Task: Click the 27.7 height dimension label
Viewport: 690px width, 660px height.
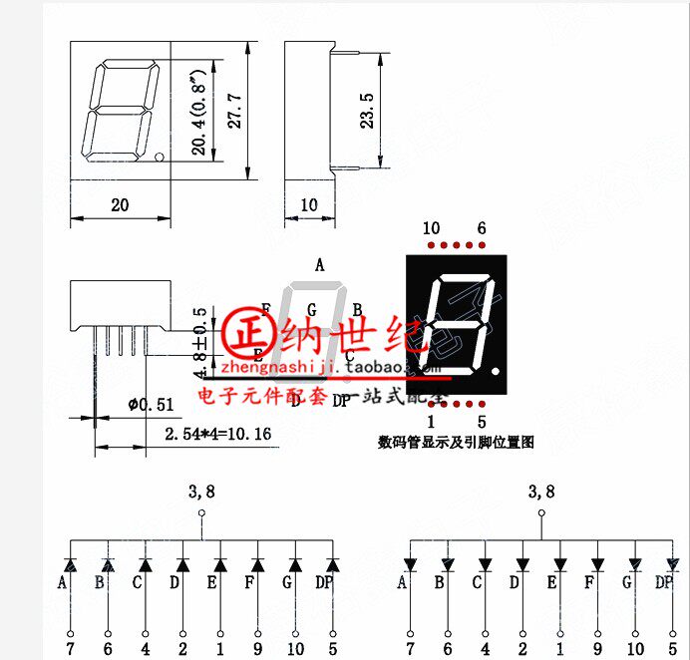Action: (x=233, y=110)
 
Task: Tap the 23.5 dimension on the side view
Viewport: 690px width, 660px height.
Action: (x=367, y=111)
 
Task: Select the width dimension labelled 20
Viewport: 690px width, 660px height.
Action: (x=120, y=205)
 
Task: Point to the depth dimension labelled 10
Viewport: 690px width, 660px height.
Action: (x=308, y=205)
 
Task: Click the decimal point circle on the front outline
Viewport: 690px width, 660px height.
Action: (x=160, y=157)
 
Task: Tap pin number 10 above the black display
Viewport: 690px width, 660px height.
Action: (x=431, y=228)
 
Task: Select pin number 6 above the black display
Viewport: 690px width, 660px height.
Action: (x=482, y=228)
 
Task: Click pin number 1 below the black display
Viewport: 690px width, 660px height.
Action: (x=431, y=422)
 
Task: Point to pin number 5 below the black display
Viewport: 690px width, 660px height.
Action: (x=482, y=422)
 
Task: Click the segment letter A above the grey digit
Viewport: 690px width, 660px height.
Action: (x=320, y=265)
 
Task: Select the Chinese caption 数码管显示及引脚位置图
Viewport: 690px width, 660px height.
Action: (x=456, y=442)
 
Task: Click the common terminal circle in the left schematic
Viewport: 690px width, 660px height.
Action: (x=201, y=513)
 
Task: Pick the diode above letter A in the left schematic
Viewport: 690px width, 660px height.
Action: (x=70, y=565)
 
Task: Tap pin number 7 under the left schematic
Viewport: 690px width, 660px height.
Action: (x=70, y=649)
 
